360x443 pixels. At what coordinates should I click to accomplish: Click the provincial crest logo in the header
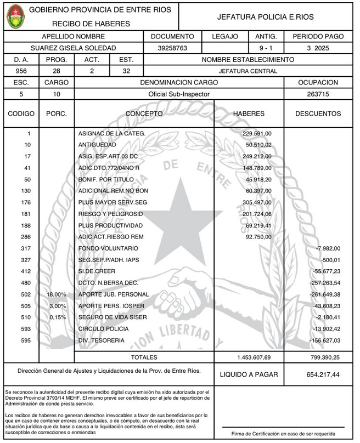pos(14,16)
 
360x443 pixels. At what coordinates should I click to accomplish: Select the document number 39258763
pos(172,48)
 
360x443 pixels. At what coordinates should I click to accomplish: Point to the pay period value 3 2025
pos(318,48)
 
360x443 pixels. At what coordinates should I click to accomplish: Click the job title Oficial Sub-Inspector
pos(179,94)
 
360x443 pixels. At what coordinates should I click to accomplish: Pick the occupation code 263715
pos(318,94)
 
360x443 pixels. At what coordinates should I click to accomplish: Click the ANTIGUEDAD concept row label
pos(97,145)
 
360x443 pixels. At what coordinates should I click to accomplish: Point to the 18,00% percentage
pos(57,294)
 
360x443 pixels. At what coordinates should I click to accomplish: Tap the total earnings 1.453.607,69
pos(254,357)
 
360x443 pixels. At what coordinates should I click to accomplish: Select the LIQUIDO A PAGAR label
pos(249,375)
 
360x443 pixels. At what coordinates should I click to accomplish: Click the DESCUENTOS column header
pos(318,114)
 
